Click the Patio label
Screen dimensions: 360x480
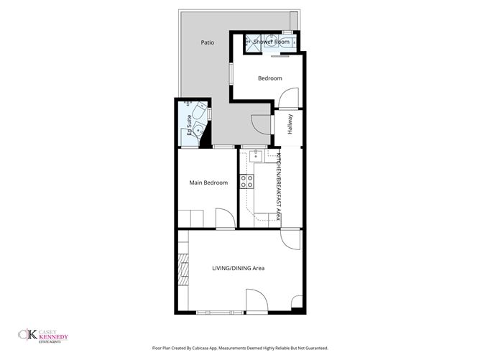[x=208, y=42]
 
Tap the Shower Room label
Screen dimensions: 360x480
[x=271, y=42]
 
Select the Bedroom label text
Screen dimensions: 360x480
[x=269, y=78]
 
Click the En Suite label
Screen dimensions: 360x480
[x=189, y=125]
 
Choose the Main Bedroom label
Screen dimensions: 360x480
[x=208, y=183]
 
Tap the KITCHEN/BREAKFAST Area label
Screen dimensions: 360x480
[x=278, y=186]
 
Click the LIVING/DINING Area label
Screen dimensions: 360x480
[x=238, y=268]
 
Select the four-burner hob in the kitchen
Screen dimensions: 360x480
[x=247, y=181]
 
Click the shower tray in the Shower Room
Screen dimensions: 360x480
[x=253, y=42]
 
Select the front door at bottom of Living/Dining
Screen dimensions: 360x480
[x=257, y=300]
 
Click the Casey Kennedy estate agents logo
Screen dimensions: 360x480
[x=46, y=335]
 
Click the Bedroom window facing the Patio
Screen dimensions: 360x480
[x=231, y=75]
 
